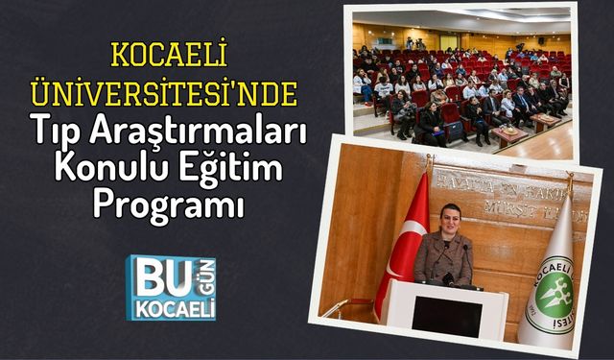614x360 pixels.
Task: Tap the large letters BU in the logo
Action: coord(153,278)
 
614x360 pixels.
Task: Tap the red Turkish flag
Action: coord(403,250)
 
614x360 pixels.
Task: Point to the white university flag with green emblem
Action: coord(551,278)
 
